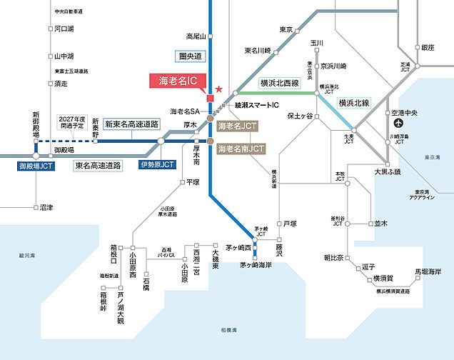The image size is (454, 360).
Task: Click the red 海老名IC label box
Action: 178,81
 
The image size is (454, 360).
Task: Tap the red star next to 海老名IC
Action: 219,89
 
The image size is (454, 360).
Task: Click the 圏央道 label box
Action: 190,55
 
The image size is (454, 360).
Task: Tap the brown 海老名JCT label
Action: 238,126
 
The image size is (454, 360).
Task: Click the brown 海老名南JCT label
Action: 241,149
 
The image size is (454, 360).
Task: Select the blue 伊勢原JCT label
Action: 157,165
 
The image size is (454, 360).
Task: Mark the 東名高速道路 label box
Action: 98,165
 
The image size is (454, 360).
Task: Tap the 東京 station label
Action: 286,29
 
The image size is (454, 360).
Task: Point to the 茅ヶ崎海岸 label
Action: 256,265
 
